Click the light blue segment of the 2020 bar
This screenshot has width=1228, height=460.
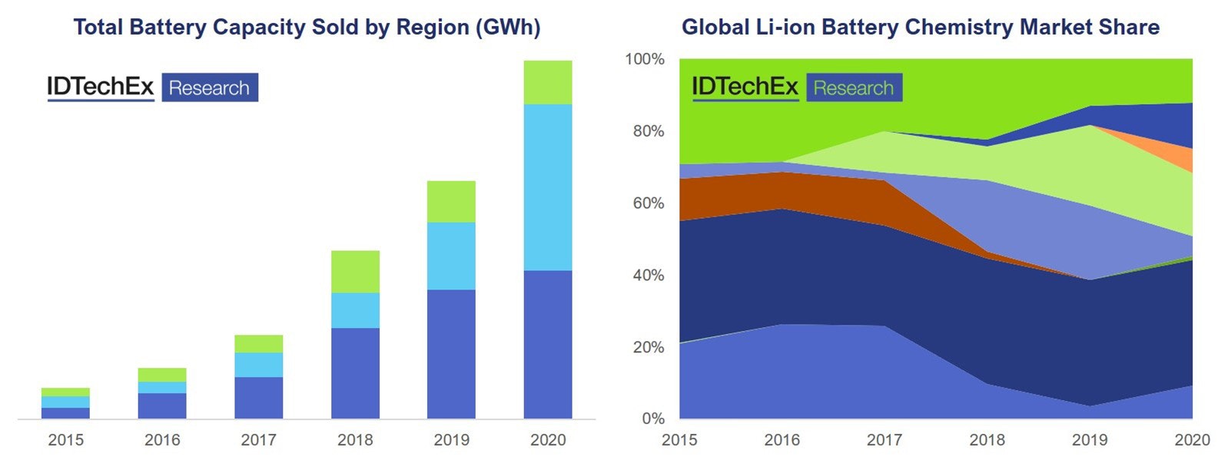547,187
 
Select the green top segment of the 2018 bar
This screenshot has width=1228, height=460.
355,271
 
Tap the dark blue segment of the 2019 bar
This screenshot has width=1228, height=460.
451,353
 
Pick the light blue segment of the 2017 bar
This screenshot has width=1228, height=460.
258,364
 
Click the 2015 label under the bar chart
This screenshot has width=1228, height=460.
65,440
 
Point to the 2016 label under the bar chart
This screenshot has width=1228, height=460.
162,440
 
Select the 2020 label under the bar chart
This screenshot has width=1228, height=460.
547,440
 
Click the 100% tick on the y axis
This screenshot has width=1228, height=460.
644,59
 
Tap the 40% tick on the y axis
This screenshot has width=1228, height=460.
647,275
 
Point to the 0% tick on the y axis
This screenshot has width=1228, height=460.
652,419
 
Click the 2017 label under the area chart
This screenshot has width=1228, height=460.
884,440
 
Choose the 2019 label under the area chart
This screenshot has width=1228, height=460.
1090,440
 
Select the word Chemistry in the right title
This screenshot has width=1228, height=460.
958,28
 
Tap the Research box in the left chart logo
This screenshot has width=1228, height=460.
209,88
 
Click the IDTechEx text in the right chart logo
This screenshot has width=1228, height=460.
745,87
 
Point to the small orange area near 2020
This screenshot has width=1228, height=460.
1180,157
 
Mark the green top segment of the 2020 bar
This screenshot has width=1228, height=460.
547,82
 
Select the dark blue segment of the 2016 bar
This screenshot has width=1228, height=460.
162,405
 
